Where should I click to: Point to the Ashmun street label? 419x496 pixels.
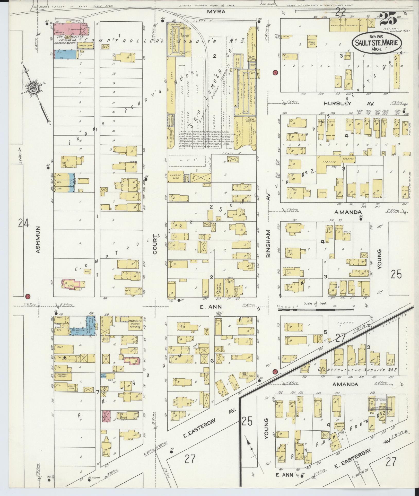point(38,240)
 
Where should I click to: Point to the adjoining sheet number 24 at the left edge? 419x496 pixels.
point(23,223)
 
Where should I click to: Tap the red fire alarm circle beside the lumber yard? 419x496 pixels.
point(275,72)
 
